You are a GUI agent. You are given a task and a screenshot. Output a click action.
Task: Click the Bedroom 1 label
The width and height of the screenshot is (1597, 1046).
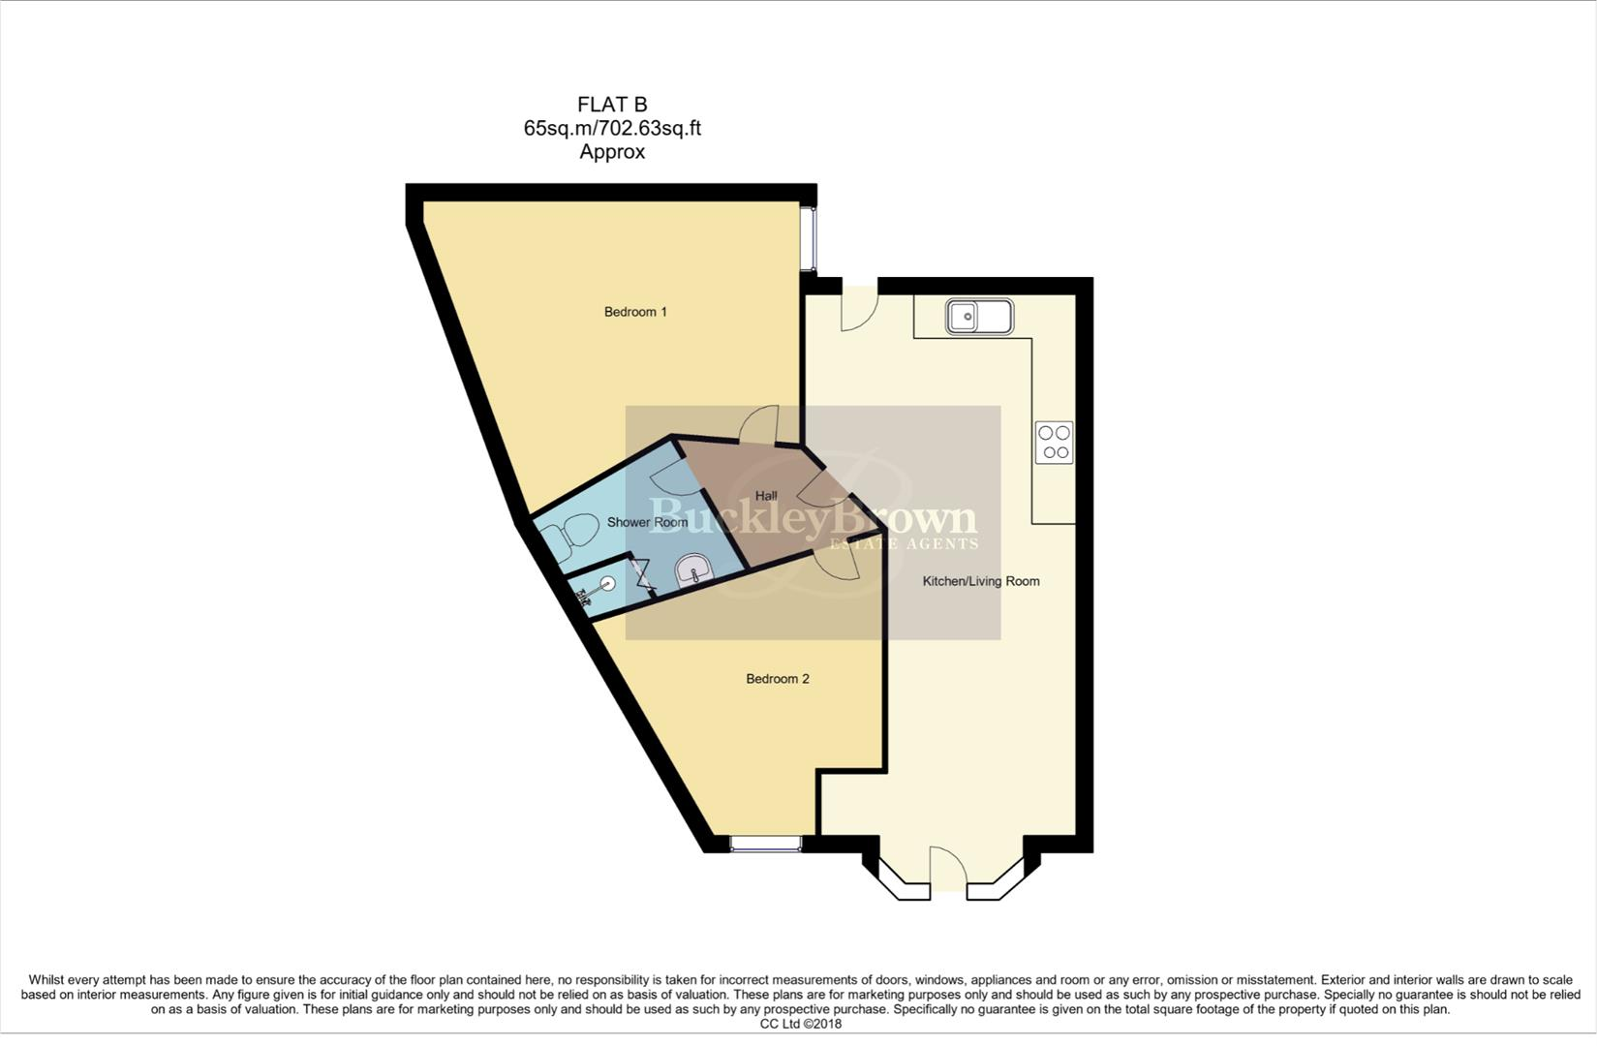(635, 312)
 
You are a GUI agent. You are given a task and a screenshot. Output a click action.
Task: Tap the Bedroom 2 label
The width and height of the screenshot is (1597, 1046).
(777, 679)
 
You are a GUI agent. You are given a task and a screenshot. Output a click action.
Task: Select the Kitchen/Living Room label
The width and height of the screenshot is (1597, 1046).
(981, 581)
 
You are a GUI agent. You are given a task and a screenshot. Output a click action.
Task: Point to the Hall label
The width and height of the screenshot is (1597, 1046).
(766, 496)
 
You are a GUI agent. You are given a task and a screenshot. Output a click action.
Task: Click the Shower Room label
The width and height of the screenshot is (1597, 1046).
(647, 522)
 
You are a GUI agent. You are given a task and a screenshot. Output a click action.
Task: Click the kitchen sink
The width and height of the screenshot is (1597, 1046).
(979, 317)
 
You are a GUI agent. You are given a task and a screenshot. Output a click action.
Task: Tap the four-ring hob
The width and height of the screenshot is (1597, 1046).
(1055, 443)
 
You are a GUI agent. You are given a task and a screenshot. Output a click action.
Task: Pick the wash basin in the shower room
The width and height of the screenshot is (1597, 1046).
(692, 570)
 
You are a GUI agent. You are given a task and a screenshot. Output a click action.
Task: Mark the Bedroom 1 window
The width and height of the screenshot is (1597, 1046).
(808, 239)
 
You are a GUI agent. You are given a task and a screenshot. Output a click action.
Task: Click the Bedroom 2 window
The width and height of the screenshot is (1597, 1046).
(766, 844)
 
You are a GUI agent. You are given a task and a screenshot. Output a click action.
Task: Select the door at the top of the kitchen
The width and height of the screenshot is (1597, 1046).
(859, 308)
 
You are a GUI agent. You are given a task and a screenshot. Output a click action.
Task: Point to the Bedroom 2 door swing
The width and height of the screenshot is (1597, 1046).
(838, 565)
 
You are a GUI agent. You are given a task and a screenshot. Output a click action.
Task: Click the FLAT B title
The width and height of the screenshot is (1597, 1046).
(612, 105)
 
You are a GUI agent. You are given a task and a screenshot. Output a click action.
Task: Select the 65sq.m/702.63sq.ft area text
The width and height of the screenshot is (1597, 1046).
(612, 129)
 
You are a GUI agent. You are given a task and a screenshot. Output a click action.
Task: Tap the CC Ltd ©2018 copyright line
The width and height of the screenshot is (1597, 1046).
(801, 1024)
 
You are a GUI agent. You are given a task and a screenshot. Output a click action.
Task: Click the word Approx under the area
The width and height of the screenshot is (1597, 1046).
(612, 152)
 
